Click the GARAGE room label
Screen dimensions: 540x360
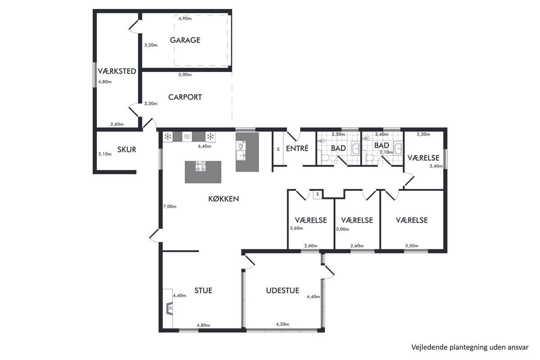coord(185,40)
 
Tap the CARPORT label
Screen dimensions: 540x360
coord(185,97)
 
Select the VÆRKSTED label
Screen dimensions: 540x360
coord(117,71)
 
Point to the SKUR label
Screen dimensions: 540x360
coord(127,150)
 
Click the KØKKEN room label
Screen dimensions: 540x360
coord(224,199)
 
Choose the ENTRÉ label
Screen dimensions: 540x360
coord(297,148)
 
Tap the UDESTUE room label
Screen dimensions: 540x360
coord(283,291)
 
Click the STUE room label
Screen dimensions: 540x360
coord(203,291)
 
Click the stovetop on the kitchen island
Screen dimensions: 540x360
coord(201,166)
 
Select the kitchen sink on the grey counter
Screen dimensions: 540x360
coord(241,156)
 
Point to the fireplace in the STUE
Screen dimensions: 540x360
coord(170,308)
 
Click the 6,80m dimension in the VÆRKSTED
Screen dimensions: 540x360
coord(105,82)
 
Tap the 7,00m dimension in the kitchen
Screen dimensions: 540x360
coord(170,207)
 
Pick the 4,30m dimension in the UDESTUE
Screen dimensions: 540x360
coord(283,324)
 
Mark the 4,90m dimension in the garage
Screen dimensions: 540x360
coord(185,18)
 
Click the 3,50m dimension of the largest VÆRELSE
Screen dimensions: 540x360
coord(411,246)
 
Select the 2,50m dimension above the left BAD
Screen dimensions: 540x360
coord(338,134)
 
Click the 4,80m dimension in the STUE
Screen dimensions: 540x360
coord(203,325)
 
